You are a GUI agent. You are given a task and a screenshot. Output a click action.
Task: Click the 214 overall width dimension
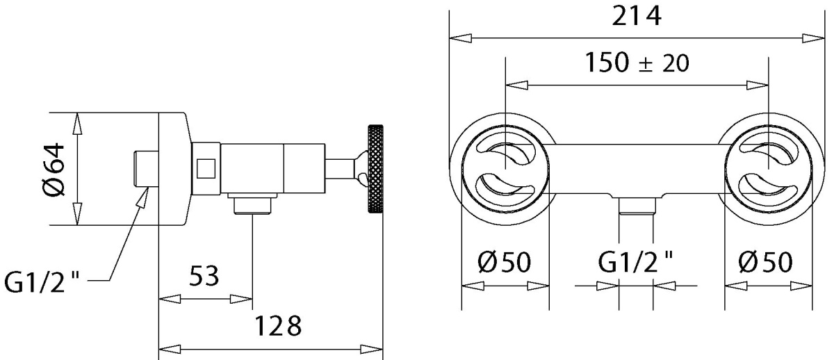tap(637, 17)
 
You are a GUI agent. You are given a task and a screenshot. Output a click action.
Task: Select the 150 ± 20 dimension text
tap(637, 63)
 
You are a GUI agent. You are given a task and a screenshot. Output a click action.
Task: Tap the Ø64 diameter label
tap(54, 170)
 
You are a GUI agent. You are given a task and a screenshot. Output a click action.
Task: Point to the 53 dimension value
tap(204, 276)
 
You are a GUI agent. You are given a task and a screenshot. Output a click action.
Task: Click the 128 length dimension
tap(278, 326)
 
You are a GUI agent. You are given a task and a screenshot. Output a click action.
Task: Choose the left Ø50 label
tap(505, 262)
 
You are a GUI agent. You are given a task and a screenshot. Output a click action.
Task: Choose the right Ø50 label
tap(765, 262)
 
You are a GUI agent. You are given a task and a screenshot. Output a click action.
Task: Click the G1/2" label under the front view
tap(635, 262)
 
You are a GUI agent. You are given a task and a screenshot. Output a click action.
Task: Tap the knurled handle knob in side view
tap(375, 169)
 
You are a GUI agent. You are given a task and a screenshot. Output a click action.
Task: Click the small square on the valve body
tap(206, 168)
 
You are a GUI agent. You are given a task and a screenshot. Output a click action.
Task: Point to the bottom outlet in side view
tap(252, 204)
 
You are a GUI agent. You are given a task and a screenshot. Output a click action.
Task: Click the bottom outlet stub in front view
tap(637, 206)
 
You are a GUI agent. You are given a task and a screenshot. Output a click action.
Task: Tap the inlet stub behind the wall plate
tap(146, 168)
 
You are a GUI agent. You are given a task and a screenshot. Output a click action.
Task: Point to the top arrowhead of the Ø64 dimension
tap(77, 123)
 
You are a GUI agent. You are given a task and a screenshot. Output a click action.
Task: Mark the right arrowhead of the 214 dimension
tap(814, 38)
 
